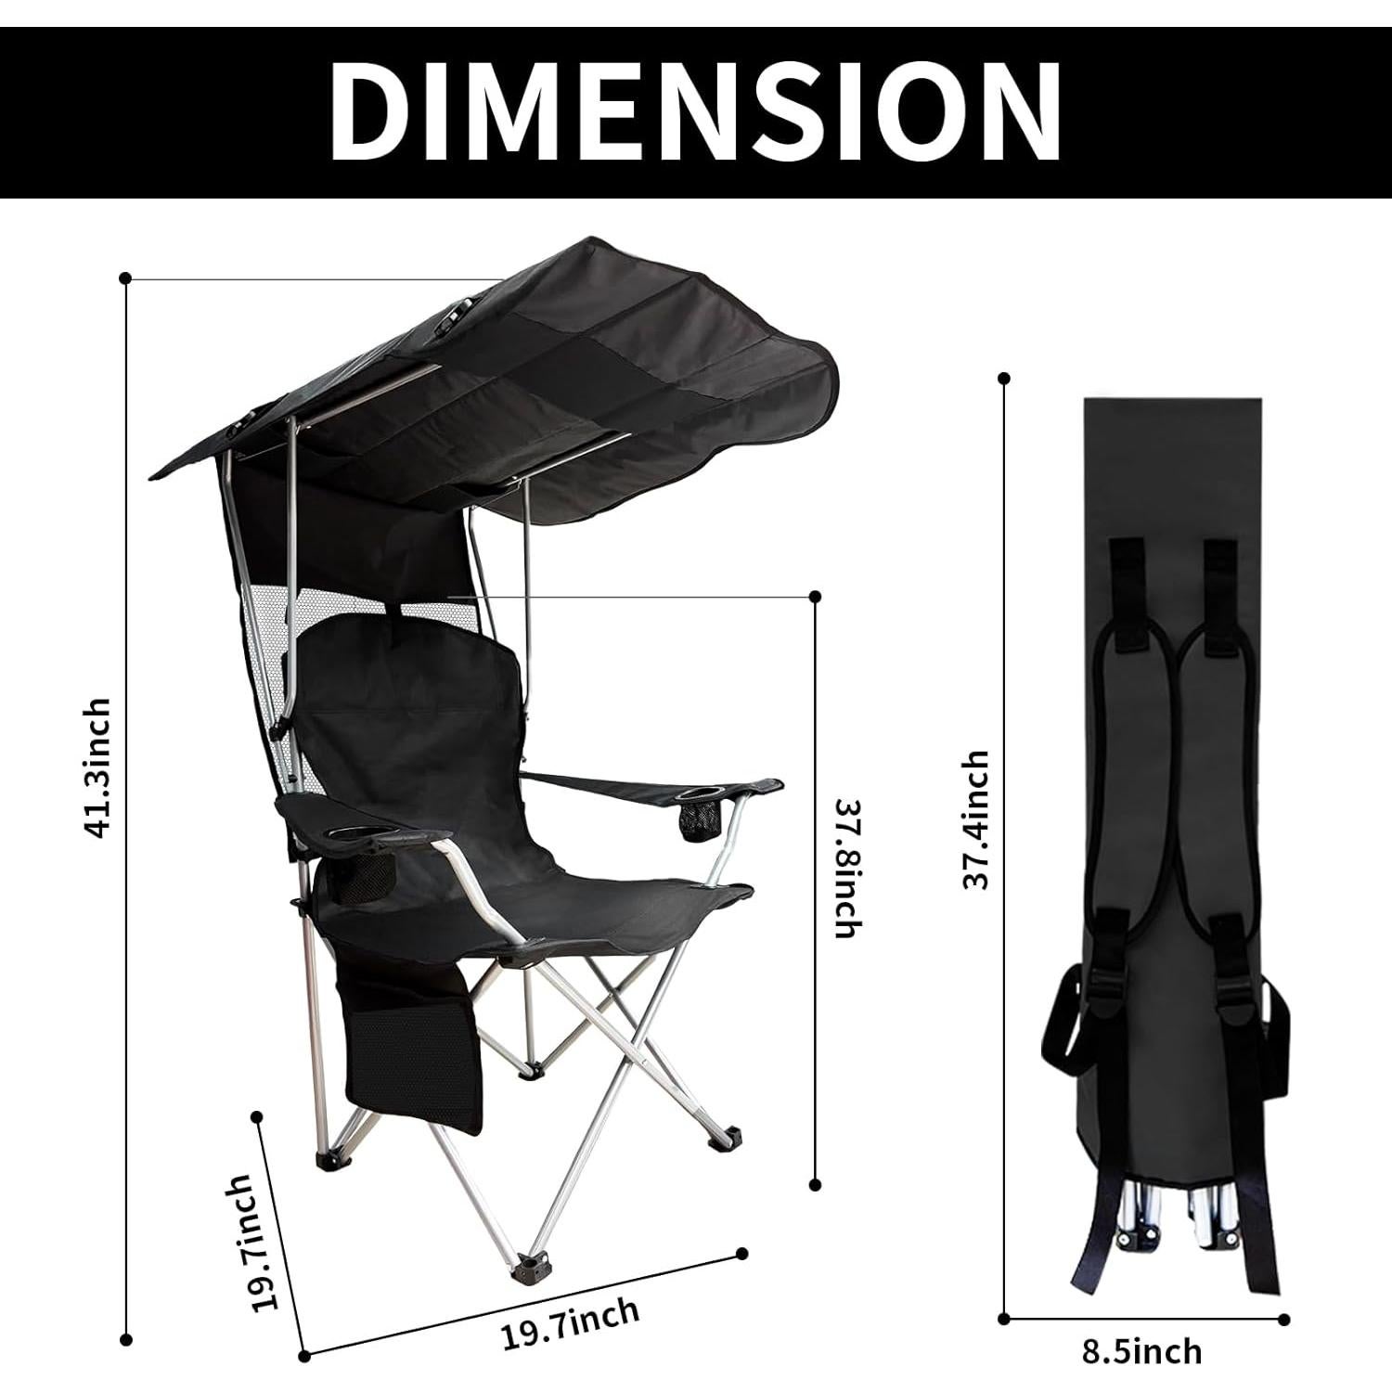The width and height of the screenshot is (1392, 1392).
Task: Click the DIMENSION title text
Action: tap(695, 111)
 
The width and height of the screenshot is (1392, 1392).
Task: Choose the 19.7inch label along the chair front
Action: tap(570, 1324)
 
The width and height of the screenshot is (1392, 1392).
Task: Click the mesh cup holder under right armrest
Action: tap(693, 820)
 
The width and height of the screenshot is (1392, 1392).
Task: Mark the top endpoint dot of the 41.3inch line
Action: tap(125, 277)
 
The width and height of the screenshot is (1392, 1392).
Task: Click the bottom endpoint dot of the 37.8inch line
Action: tap(816, 1184)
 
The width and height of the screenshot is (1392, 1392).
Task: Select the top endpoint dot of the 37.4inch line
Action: tap(1004, 378)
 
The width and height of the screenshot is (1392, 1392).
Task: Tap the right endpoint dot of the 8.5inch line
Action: tap(1284, 1318)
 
